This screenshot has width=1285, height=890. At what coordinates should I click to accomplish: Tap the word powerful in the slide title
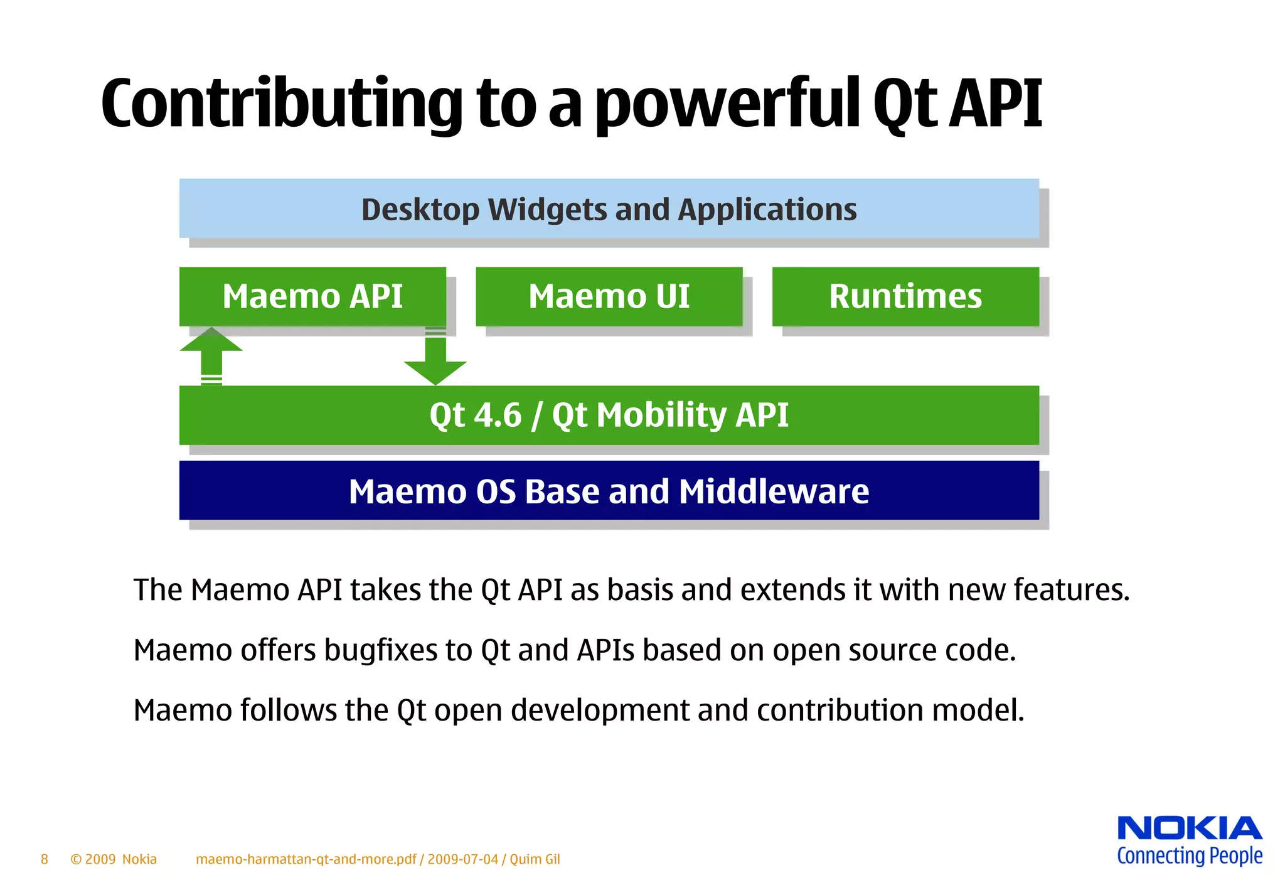[728, 104]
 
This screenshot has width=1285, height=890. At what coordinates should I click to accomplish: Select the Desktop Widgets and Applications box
[609, 209]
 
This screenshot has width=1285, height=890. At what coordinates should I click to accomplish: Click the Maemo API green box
[312, 296]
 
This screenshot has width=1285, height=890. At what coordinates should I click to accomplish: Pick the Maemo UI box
[609, 296]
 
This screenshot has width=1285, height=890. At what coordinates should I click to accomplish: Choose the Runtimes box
[905, 296]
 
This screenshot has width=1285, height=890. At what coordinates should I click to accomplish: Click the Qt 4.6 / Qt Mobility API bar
[609, 415]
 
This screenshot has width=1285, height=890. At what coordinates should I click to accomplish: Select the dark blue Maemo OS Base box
[609, 491]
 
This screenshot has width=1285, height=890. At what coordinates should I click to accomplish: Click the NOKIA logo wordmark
[1189, 828]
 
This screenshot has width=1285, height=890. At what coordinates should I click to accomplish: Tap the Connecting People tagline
[1189, 856]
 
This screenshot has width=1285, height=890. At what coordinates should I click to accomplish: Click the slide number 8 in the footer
[45, 859]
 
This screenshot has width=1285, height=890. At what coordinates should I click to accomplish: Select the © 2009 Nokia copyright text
[114, 859]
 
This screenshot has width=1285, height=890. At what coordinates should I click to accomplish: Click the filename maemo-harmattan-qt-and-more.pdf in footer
[306, 859]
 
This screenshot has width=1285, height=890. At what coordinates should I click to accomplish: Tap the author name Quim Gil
[535, 859]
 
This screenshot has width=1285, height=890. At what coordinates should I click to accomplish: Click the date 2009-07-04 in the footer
[463, 859]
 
